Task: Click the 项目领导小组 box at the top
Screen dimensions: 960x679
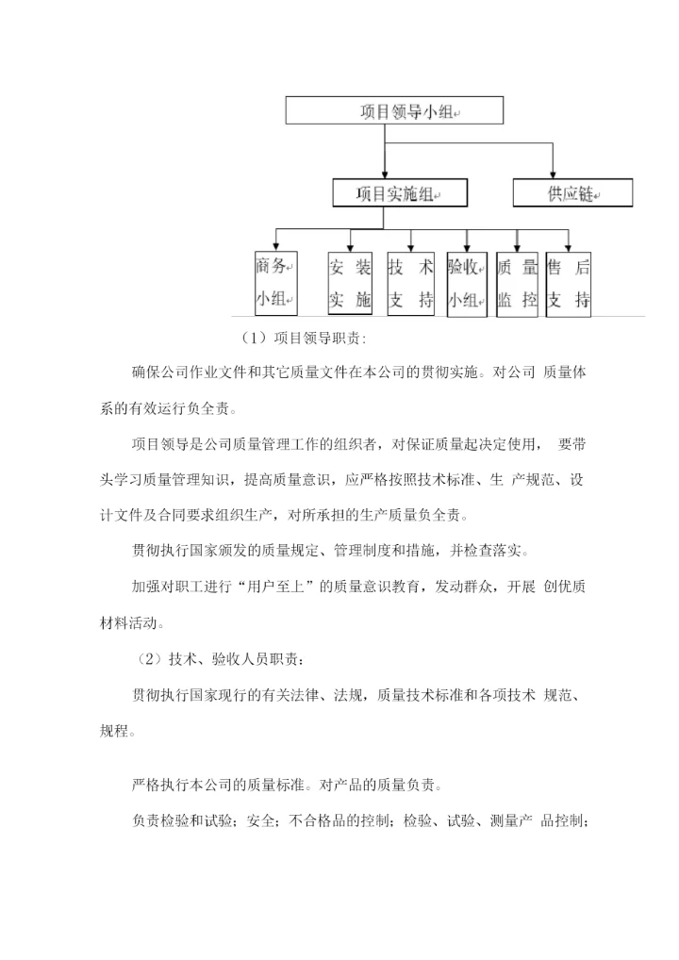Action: pyautogui.click(x=395, y=110)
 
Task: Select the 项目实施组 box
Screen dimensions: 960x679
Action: pyautogui.click(x=386, y=194)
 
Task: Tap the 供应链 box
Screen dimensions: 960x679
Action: pyautogui.click(x=572, y=194)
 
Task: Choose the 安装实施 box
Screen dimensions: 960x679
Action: pyautogui.click(x=350, y=282)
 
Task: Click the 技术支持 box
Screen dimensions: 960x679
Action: pyautogui.click(x=410, y=282)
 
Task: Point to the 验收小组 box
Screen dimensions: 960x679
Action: pyautogui.click(x=465, y=282)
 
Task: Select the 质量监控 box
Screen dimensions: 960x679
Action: pyautogui.click(x=517, y=282)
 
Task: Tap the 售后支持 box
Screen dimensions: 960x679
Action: pyautogui.click(x=569, y=282)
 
